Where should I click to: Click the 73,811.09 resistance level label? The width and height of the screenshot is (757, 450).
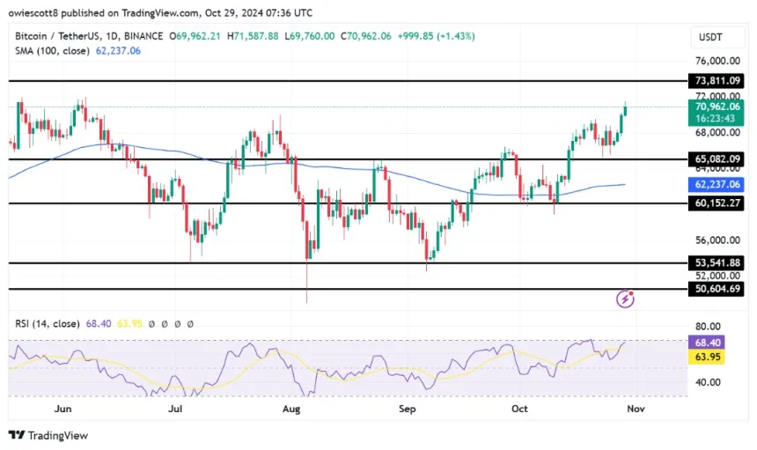[x=717, y=80]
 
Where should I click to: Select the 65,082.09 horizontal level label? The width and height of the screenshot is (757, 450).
[x=717, y=159]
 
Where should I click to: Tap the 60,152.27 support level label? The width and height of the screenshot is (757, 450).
[x=717, y=203]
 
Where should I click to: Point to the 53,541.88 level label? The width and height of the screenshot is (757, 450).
[x=717, y=262]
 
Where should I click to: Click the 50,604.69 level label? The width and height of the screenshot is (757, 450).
[x=717, y=288]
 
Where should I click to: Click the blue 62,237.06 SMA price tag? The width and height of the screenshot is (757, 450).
[x=717, y=185]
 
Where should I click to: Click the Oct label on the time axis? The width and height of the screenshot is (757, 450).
[x=520, y=409]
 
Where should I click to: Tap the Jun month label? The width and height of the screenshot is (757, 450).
[x=62, y=409]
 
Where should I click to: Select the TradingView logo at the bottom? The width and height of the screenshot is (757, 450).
[x=48, y=435]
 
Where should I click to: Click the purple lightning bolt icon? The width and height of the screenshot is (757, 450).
[x=626, y=299]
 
